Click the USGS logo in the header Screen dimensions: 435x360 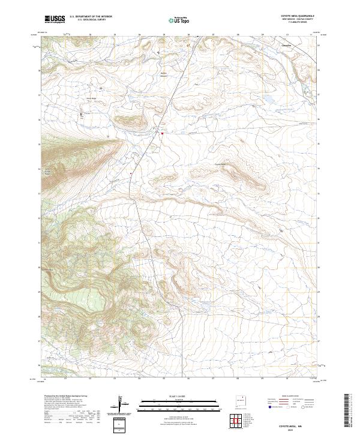click(55, 19)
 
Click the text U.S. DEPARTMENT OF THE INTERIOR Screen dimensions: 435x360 click(91, 17)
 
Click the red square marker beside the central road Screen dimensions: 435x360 click(161, 133)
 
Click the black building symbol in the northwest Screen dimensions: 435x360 click(83, 113)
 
